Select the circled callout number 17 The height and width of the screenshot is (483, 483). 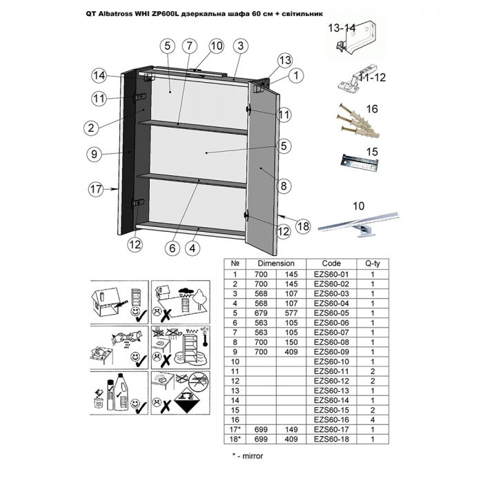coord(96,187)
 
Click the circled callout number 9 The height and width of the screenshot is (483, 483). coord(96,155)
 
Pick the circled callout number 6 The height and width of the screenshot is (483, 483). coord(170,247)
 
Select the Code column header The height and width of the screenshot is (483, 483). coord(332,264)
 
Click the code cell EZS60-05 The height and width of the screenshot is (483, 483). coord(332,312)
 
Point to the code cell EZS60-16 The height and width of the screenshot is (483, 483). coord(332,419)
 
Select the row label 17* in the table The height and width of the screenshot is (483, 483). coord(235,428)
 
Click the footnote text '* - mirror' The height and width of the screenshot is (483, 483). coord(248,455)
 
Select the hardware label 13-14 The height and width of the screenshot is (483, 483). coord(343,28)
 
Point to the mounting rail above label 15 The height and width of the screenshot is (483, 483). coord(360,164)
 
